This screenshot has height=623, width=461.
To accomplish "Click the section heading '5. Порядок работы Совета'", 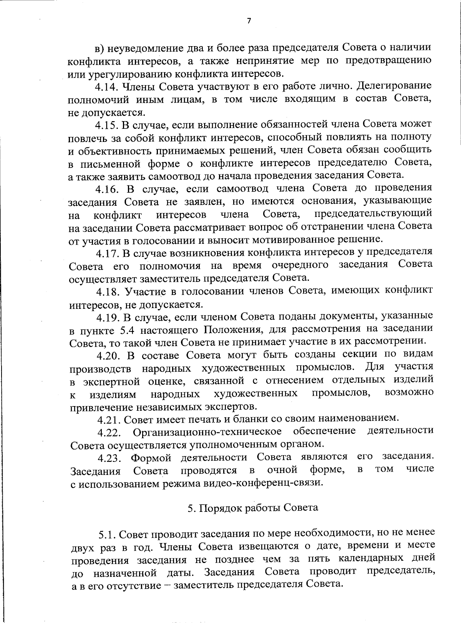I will pos(253,508).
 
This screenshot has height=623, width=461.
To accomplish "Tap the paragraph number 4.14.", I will pos(108,86).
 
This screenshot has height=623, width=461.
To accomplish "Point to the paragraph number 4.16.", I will pos(108,189).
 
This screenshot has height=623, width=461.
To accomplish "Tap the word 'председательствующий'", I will pos(373,213).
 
